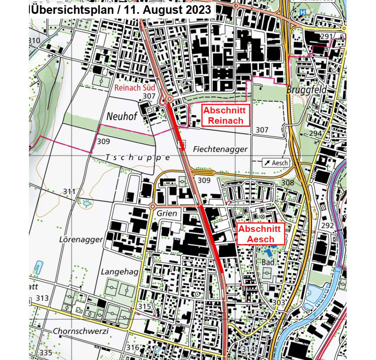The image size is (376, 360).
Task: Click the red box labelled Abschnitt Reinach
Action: pyautogui.click(x=226, y=116)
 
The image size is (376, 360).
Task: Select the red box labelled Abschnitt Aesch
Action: pyautogui.click(x=261, y=234)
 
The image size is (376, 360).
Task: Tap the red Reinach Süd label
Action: pyautogui.click(x=134, y=88)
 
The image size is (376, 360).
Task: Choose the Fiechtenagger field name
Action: pyautogui.click(x=220, y=149)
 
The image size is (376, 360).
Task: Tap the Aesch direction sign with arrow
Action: pyautogui.click(x=275, y=163)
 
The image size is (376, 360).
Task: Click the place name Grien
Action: pyautogui.click(x=167, y=213)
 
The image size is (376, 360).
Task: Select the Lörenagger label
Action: pyautogui.click(x=81, y=239)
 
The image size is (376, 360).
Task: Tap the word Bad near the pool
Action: pyautogui.click(x=268, y=263)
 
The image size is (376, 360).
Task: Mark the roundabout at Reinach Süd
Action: pyautogui.click(x=169, y=100)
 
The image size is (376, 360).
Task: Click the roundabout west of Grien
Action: pyautogui.click(x=153, y=207)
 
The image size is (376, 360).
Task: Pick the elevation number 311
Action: pyautogui.click(x=69, y=191)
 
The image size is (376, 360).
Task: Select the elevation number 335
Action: pyautogui.click(x=45, y=352)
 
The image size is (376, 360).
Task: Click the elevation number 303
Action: pyautogui.click(x=279, y=302)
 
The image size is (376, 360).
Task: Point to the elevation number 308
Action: pyautogui.click(x=287, y=183)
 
